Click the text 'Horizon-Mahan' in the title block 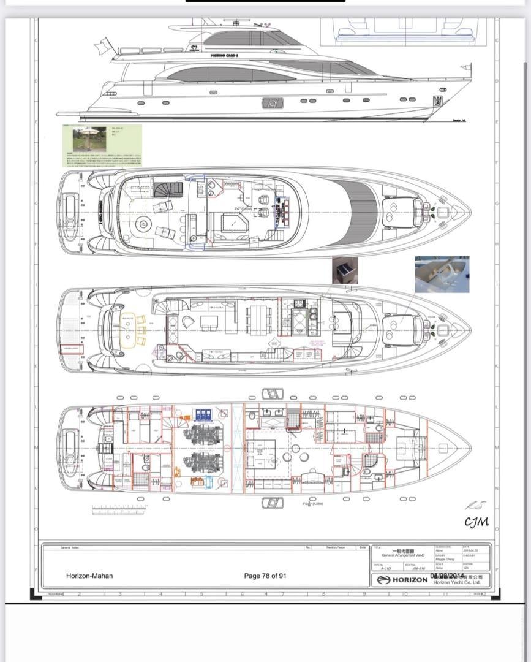click(89, 576)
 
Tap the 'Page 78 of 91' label click(265, 576)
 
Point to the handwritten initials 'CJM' click(476, 522)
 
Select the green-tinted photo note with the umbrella click(103, 145)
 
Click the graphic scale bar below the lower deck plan click(119, 508)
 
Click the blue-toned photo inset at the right click(442, 274)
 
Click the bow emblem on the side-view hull click(438, 101)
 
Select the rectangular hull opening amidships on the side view click(273, 103)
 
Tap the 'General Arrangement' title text click(403, 555)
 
